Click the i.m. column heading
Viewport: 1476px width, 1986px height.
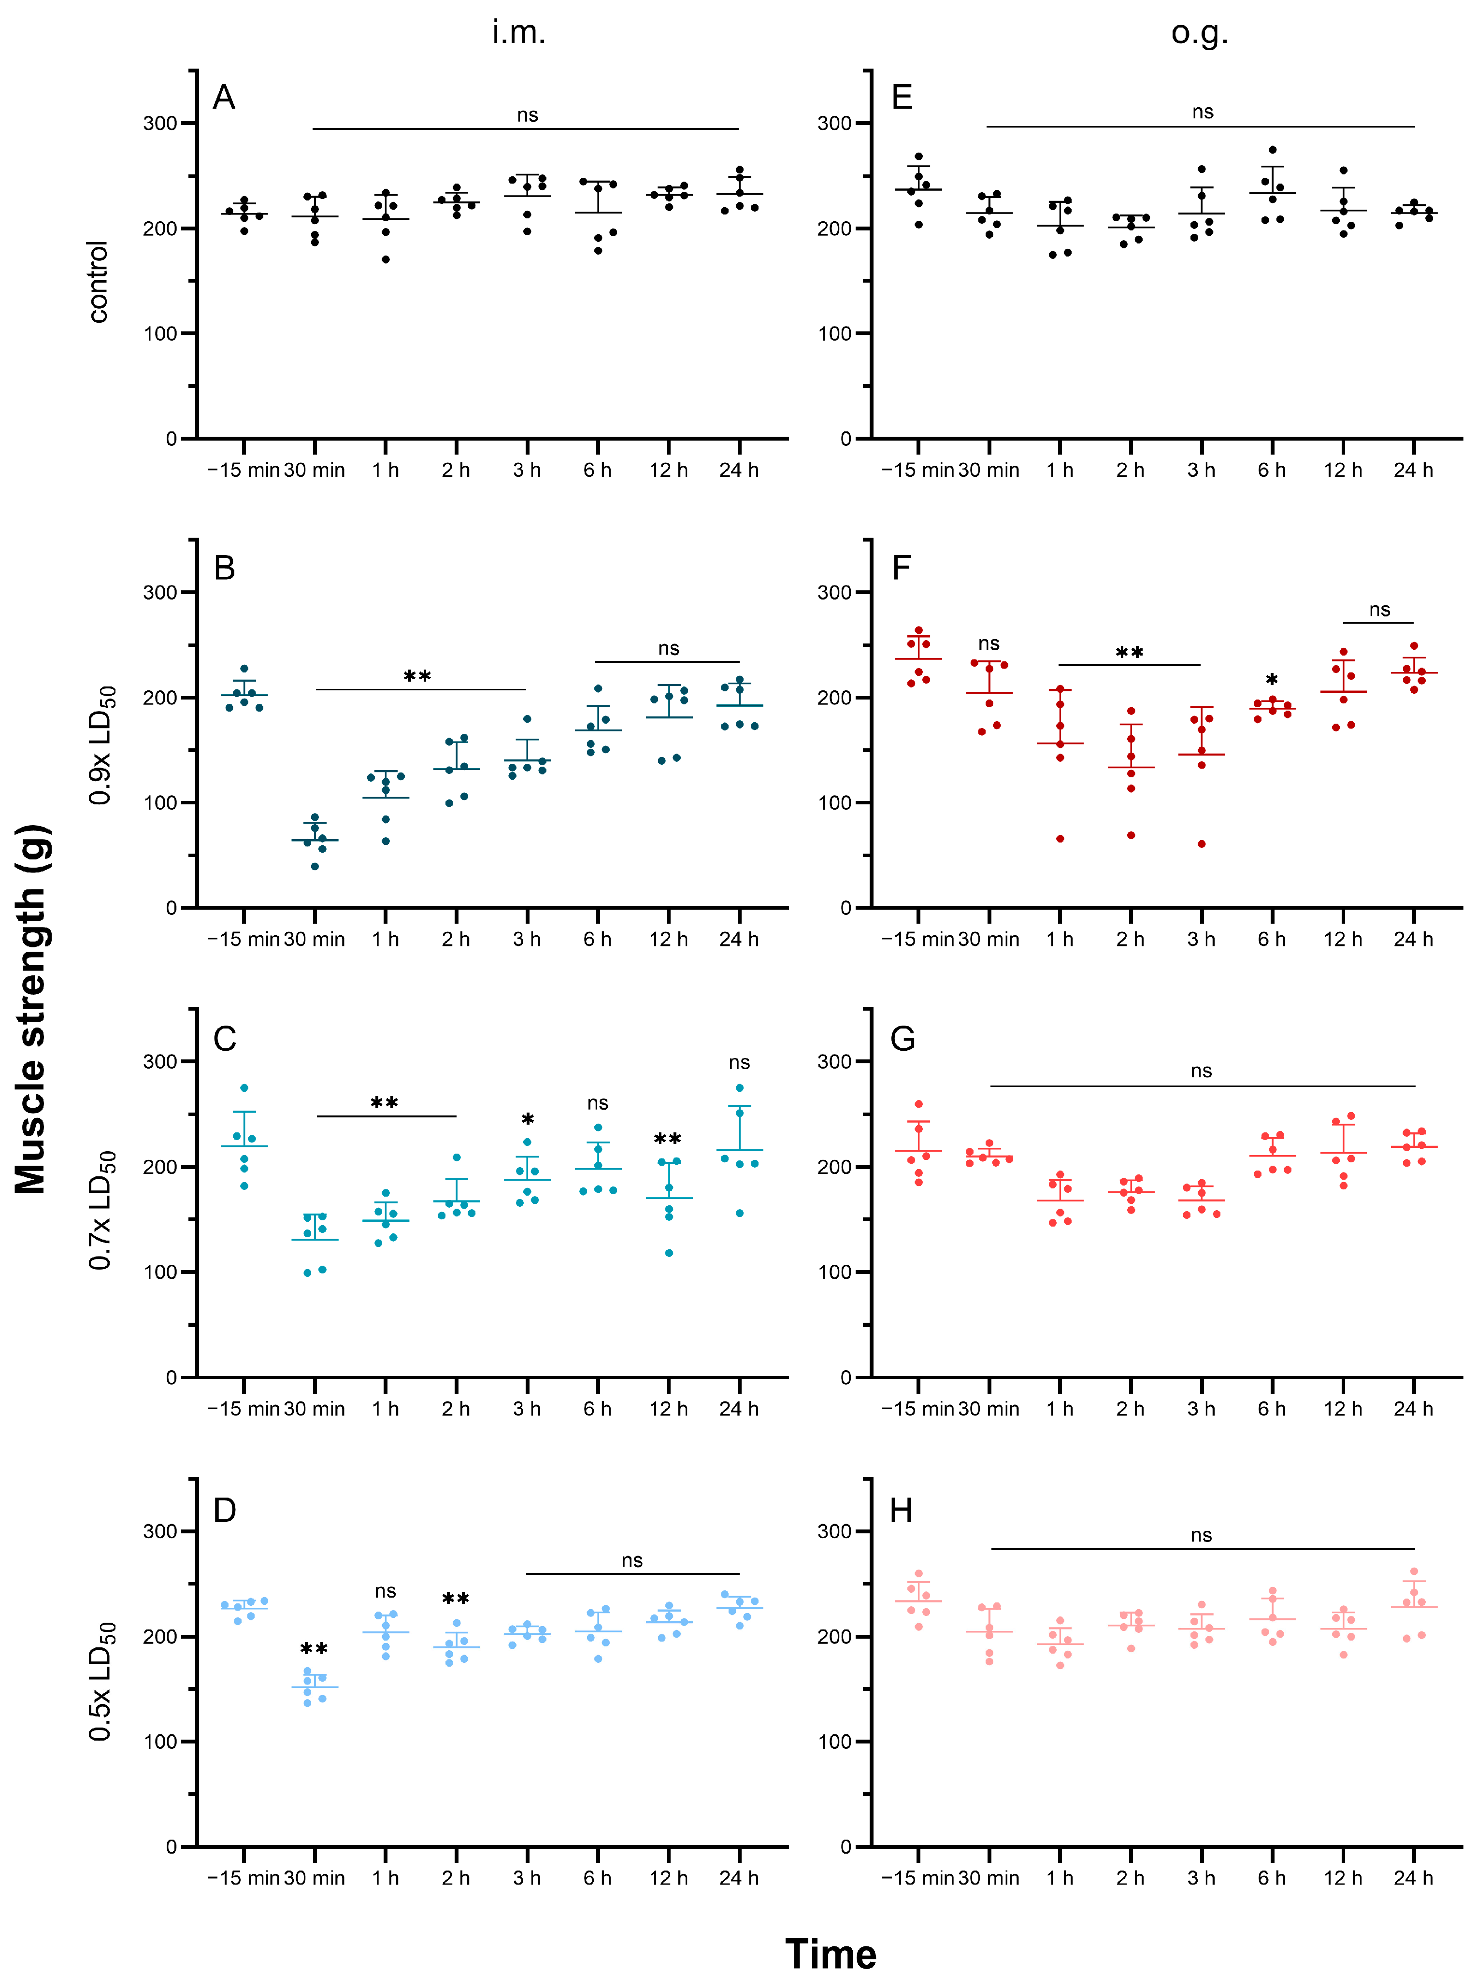(x=518, y=32)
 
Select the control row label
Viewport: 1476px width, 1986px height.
(x=98, y=282)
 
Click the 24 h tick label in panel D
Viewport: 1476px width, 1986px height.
(x=739, y=1878)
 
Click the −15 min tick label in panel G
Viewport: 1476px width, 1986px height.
(x=917, y=1409)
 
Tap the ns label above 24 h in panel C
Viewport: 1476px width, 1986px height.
(x=739, y=1062)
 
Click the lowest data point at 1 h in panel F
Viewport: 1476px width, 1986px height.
(x=1060, y=839)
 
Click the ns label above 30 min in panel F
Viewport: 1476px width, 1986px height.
(x=988, y=643)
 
